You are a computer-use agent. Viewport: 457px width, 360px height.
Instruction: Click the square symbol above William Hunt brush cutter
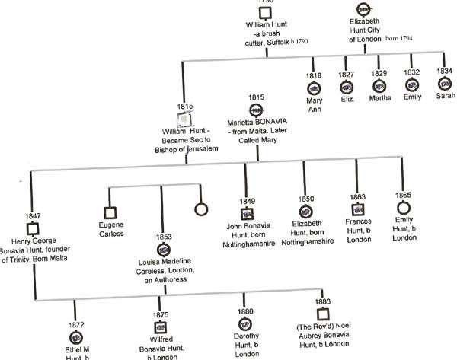pyautogui.click(x=264, y=13)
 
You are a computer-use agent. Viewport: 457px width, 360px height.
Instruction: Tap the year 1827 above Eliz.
pyautogui.click(x=347, y=75)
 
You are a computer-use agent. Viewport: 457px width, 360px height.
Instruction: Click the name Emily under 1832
pyautogui.click(x=411, y=97)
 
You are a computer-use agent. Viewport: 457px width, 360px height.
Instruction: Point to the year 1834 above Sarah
pyautogui.click(x=444, y=72)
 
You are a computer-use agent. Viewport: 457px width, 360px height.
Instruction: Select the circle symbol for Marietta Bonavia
pyautogui.click(x=256, y=110)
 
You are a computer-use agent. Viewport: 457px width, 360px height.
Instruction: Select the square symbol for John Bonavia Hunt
pyautogui.click(x=246, y=213)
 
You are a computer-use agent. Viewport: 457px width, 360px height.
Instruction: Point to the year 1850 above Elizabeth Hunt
pyautogui.click(x=305, y=199)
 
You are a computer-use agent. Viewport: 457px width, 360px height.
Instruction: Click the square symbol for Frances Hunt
pyautogui.click(x=355, y=209)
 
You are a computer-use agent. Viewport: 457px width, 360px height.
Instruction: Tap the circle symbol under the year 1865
pyautogui.click(x=403, y=207)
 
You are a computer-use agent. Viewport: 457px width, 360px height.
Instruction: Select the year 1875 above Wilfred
pyautogui.click(x=160, y=314)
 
